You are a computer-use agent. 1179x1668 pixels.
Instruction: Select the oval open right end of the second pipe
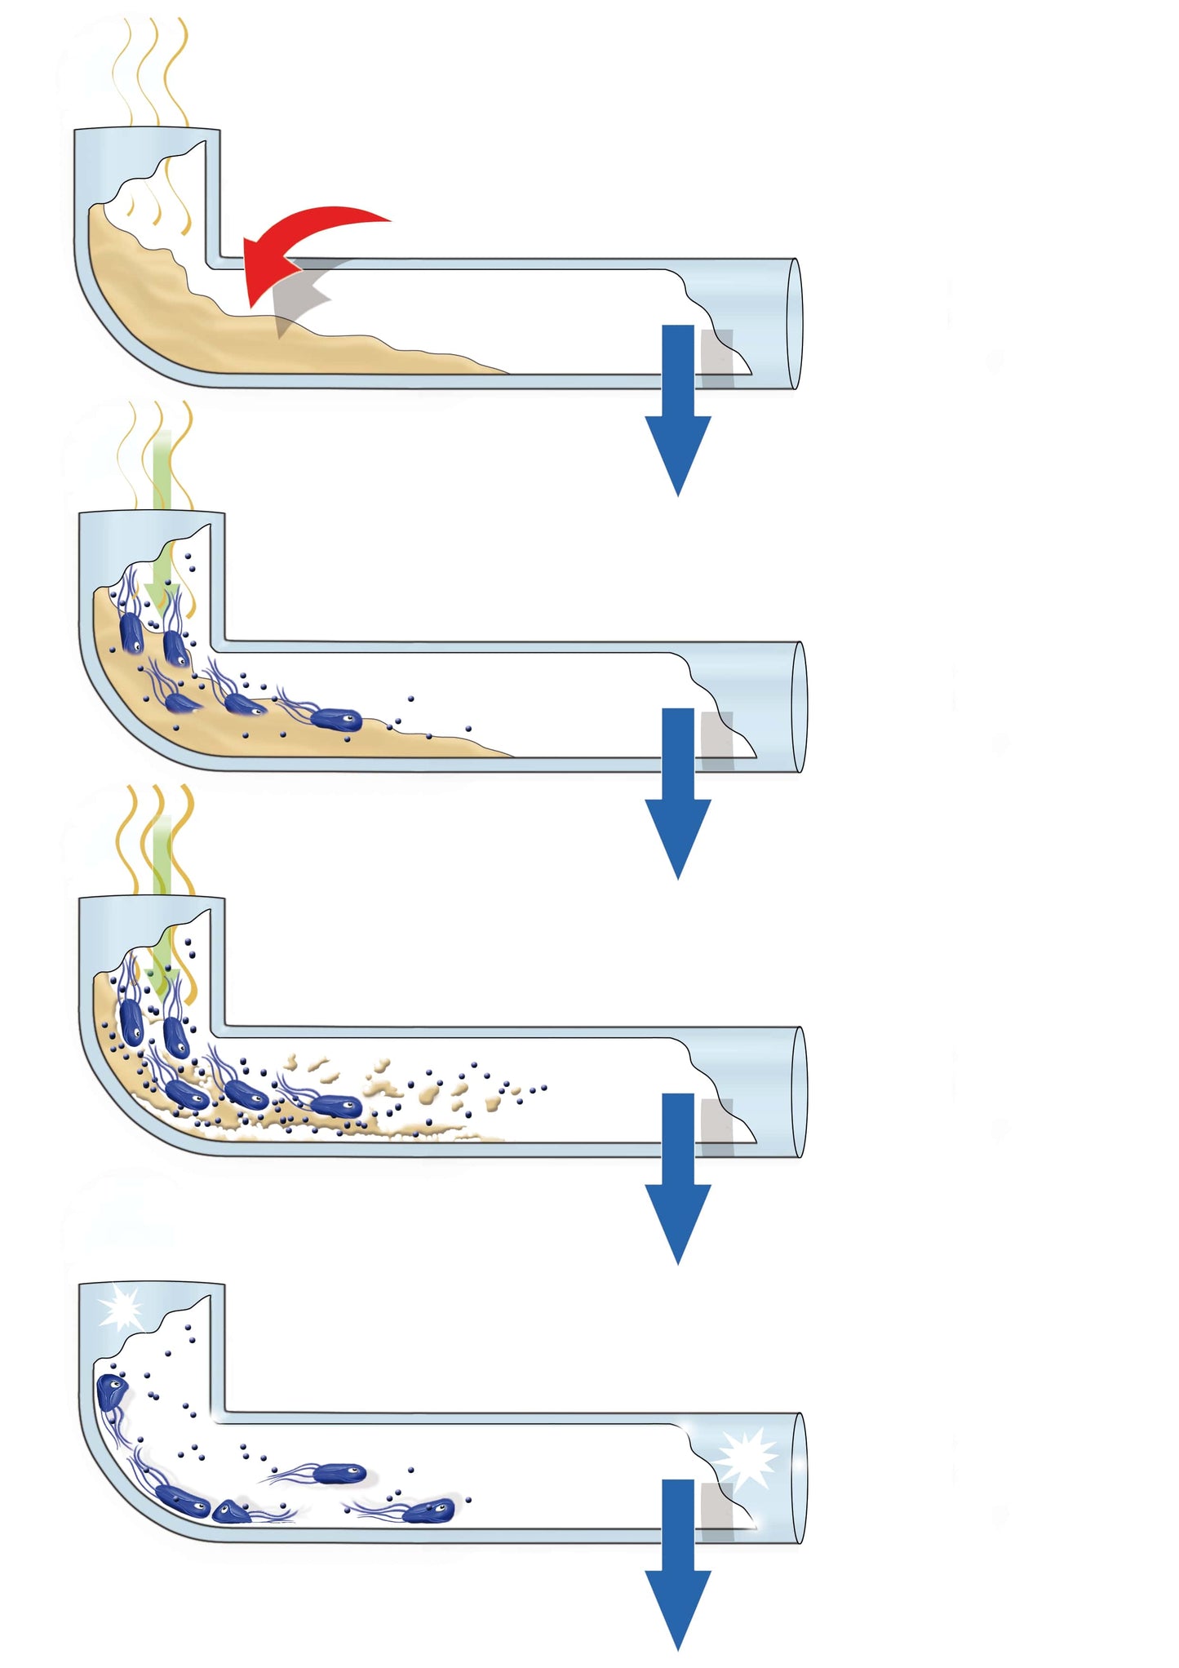click(x=799, y=708)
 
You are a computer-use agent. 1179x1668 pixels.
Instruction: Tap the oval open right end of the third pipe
click(x=799, y=1092)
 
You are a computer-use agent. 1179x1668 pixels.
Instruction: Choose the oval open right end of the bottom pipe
click(x=799, y=1478)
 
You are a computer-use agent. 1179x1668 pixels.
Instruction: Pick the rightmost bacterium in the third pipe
click(x=336, y=1105)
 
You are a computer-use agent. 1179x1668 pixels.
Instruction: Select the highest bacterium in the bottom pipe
click(x=109, y=1391)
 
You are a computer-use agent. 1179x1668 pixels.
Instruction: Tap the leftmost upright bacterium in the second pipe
click(x=131, y=632)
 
